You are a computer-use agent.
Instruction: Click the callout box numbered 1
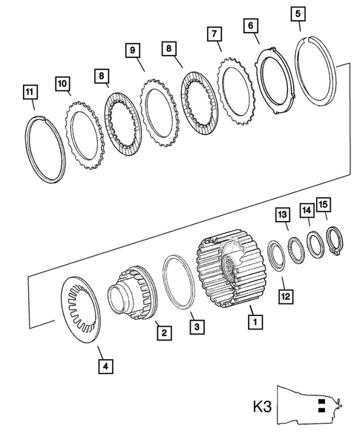pyautogui.click(x=255, y=323)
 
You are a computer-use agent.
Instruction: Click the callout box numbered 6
pyautogui.click(x=253, y=25)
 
